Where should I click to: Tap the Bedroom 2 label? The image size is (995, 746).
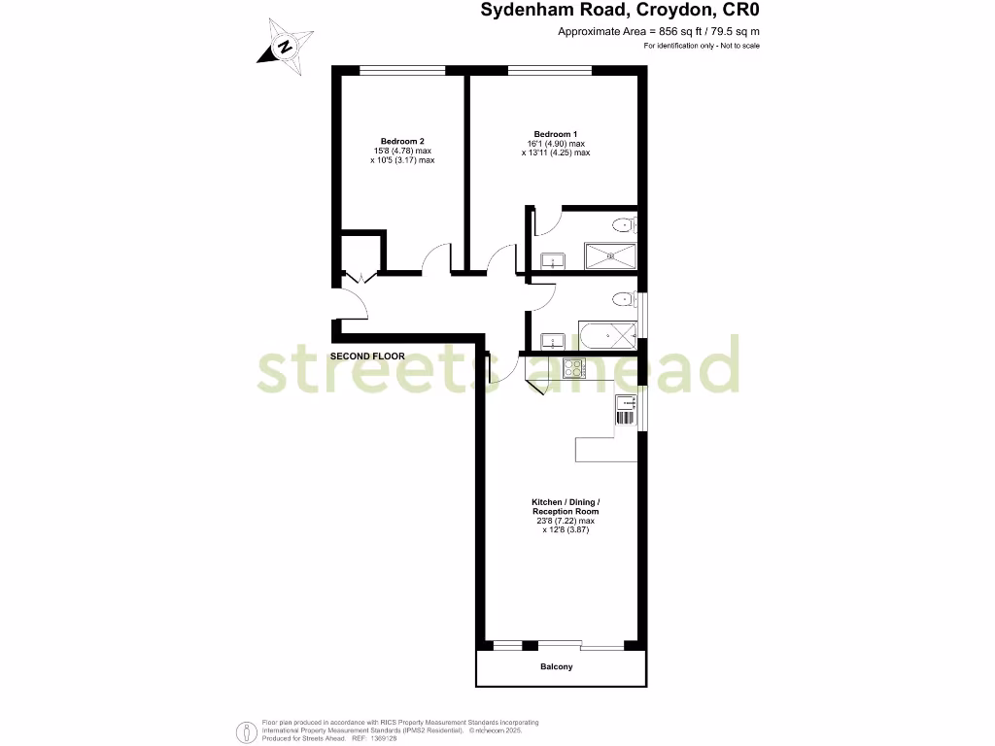(x=401, y=140)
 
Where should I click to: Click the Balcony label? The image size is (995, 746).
(x=556, y=667)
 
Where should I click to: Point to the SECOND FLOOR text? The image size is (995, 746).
(x=367, y=356)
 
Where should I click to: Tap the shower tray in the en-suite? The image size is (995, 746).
(x=610, y=256)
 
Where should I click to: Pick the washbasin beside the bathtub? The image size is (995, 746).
(x=552, y=340)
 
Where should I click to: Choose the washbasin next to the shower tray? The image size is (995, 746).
(x=552, y=260)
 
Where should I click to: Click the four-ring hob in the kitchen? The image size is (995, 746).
(x=572, y=368)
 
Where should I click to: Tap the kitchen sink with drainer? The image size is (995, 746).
(x=624, y=410)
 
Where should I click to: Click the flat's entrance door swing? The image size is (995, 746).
(x=354, y=305)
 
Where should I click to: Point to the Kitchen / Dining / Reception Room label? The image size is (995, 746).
(x=566, y=506)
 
